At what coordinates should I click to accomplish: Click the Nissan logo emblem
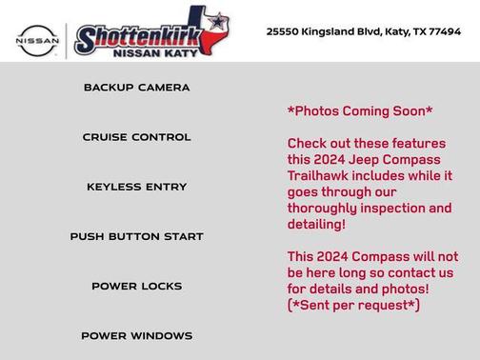pos(37,40)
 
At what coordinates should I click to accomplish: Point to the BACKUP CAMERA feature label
pos(136,88)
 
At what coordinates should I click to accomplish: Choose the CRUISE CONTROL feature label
pos(136,137)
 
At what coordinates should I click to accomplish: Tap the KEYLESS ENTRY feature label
pos(136,187)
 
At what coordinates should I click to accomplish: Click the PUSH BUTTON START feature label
pos(136,236)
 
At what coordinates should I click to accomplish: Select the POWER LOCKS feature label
pos(136,286)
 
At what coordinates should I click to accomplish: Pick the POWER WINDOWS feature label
pos(136,335)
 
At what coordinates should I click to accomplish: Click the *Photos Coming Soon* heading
pos(360,111)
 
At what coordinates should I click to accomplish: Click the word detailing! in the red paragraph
pos(316,225)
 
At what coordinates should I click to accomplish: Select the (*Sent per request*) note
pos(353,306)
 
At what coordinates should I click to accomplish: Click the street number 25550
pos(284,31)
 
